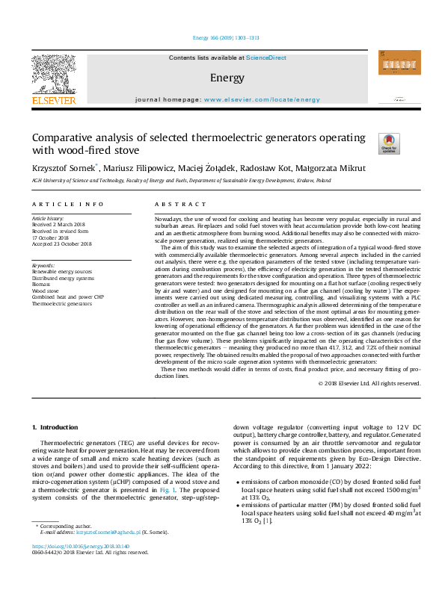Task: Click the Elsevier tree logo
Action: (53, 75)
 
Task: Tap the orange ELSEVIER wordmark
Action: (53, 100)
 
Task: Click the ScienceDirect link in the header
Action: (266, 58)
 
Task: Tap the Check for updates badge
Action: (390, 143)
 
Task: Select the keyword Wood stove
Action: (46, 292)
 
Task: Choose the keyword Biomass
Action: (43, 286)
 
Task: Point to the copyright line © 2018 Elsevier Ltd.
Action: (369, 383)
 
